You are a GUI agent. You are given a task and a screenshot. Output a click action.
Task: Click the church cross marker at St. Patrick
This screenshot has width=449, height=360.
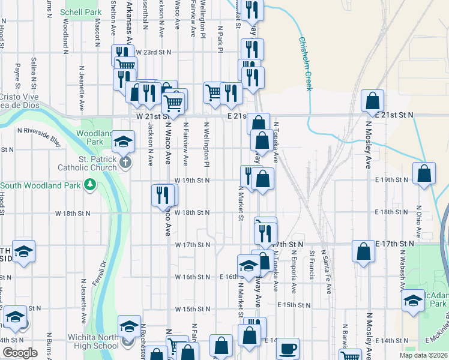coord(125,163)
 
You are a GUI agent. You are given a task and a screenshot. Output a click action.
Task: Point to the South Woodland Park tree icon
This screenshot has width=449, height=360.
coord(90,184)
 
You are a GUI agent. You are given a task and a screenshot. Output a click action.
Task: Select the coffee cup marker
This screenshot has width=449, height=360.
coord(288,347)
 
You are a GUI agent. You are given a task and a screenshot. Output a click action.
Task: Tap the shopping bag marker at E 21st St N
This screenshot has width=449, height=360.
coord(373,100)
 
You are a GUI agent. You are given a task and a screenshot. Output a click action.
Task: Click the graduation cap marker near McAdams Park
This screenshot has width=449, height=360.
coord(414,301)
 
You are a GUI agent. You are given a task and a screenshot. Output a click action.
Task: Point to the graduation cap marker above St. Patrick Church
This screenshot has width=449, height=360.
coord(124,142)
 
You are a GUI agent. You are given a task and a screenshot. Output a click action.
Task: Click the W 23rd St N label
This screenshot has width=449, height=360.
coord(154,52)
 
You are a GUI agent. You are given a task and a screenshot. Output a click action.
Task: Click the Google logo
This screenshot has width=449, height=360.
coord(19,353)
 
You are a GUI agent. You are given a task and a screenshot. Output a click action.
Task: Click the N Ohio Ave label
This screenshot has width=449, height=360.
coord(418,221)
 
